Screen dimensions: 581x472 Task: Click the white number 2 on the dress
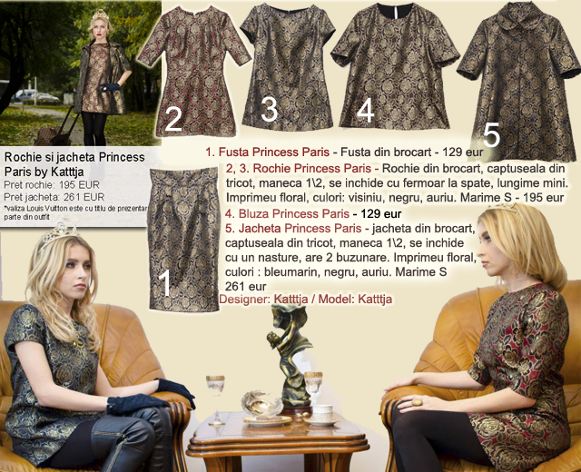[173, 119]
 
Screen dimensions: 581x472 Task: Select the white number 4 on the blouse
[365, 110]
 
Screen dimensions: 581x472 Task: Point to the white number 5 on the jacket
[492, 135]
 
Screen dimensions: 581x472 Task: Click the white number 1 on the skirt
[165, 282]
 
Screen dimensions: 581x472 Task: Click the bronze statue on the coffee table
[290, 357]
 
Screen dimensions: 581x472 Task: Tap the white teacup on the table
[323, 413]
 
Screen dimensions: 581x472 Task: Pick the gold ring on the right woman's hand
[417, 401]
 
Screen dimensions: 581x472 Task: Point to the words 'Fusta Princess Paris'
[274, 152]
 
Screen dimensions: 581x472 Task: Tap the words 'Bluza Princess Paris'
[294, 214]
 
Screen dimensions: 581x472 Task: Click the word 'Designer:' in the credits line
[244, 299]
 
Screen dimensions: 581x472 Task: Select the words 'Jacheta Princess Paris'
[300, 228]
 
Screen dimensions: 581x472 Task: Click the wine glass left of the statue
[216, 399]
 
